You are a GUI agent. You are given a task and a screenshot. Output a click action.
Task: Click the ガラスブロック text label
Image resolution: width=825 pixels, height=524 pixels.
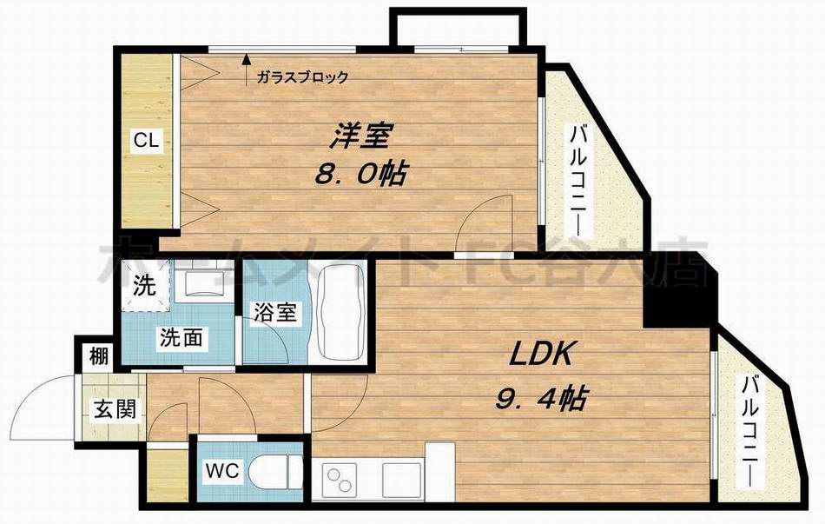(x=302, y=76)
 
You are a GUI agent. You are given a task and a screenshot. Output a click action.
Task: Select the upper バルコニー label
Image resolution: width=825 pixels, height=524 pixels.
(x=577, y=181)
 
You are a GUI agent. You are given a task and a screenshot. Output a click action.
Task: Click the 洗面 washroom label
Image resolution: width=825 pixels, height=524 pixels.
(x=180, y=337)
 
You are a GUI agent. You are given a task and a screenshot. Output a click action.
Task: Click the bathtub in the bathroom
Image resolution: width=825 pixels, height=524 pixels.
(x=338, y=318)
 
